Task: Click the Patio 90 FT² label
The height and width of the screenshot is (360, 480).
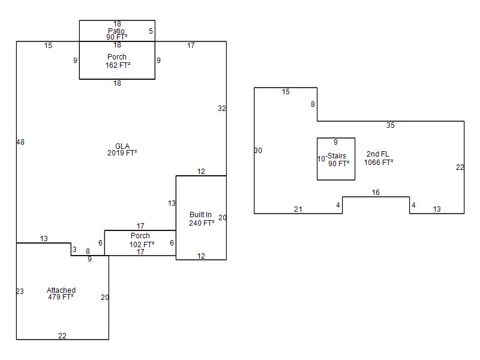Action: [116, 34]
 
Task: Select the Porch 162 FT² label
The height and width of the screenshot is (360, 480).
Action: [118, 61]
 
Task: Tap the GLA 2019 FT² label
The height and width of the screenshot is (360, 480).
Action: [122, 149]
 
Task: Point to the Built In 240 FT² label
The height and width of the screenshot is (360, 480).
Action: [201, 218]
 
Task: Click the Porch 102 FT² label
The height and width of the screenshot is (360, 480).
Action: [141, 240]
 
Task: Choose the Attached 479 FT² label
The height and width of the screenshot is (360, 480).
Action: [61, 293]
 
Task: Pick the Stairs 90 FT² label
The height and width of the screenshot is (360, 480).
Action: [338, 160]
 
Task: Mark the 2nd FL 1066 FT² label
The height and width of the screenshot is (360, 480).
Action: [379, 158]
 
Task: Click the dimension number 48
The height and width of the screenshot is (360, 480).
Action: [20, 142]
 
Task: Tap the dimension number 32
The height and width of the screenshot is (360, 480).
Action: [222, 109]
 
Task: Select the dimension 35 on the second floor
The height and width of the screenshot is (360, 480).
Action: [391, 125]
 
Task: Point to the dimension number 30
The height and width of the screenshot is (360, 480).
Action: [258, 151]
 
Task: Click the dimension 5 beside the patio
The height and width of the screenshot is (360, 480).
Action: [151, 31]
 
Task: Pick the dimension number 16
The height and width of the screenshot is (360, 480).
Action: [376, 193]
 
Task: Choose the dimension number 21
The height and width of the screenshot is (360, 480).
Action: [298, 209]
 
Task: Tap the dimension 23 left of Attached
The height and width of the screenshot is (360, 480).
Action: [20, 292]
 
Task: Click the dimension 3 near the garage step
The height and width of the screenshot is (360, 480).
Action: [74, 250]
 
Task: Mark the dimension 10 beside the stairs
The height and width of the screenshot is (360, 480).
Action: [321, 158]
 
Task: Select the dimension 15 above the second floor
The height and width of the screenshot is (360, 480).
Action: [286, 92]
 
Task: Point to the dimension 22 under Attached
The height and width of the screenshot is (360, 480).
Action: [62, 336]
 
